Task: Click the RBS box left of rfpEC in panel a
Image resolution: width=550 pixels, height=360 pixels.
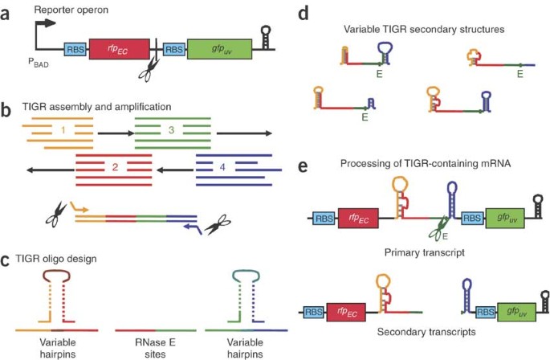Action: pyautogui.click(x=74, y=51)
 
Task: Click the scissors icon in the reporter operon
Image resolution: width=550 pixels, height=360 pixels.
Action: pyautogui.click(x=148, y=72)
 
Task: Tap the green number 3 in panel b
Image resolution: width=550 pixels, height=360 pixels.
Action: pyautogui.click(x=170, y=129)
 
